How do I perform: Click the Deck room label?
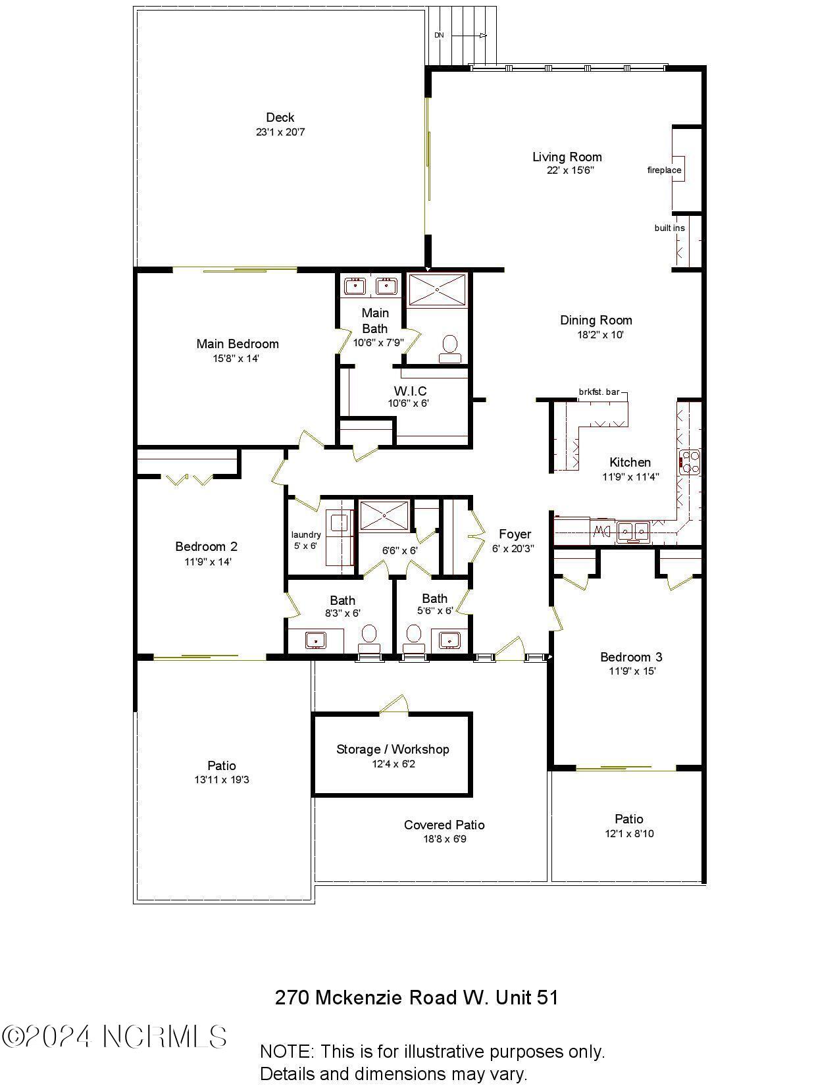tap(280, 118)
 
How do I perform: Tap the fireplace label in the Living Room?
tap(664, 170)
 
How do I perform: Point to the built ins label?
tap(669, 228)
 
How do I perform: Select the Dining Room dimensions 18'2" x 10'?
tap(596, 334)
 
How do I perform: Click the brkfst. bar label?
tap(599, 392)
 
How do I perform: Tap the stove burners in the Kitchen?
tap(690, 461)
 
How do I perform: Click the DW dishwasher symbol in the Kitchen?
tap(601, 531)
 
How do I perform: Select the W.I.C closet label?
tap(410, 391)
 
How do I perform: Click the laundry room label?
tap(306, 534)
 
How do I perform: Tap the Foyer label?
tap(515, 534)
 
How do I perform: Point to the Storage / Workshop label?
tap(393, 749)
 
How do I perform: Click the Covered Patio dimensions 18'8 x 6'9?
tap(445, 839)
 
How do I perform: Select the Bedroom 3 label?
tap(631, 657)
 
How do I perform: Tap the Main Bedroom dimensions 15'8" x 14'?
tap(237, 359)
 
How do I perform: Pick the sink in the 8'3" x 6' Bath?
tap(317, 640)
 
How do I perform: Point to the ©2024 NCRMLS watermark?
tap(114, 1037)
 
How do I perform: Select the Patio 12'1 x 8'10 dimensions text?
tap(629, 834)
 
